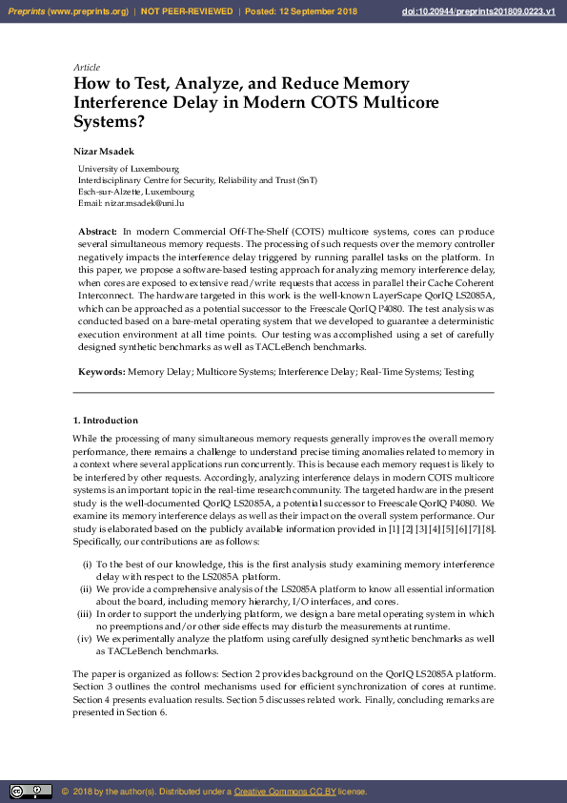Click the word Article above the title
point(86,68)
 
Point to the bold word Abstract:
point(97,232)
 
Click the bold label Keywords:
point(101,372)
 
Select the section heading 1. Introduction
point(106,421)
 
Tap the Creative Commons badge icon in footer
point(30,792)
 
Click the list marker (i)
point(88,565)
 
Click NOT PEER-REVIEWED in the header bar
point(187,11)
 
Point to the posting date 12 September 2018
point(315,11)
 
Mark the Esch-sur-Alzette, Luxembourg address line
point(135,192)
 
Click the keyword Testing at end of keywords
point(459,372)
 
